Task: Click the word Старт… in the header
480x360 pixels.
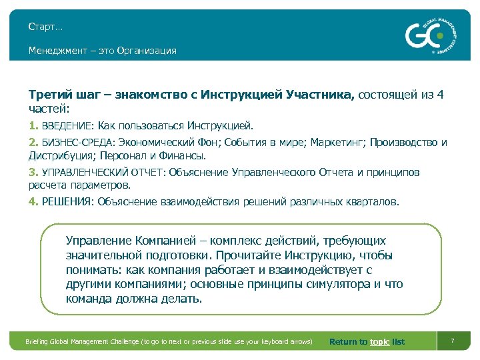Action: (x=45, y=27)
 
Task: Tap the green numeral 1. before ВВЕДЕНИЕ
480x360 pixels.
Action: (x=33, y=125)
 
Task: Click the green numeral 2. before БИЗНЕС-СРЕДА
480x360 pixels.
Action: (x=33, y=142)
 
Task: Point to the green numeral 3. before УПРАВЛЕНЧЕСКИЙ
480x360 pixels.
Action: (x=33, y=173)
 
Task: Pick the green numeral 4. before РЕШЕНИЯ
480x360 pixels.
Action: (x=33, y=201)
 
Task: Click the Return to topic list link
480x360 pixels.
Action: (x=367, y=342)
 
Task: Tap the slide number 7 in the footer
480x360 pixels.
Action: (x=453, y=341)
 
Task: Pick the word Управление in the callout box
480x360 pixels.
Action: (x=99, y=241)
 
